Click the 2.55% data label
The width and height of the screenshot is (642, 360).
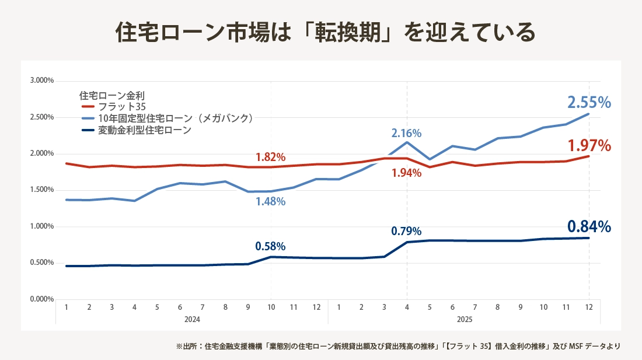click(589, 103)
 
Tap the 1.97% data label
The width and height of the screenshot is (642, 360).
click(589, 145)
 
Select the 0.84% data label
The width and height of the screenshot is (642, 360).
click(589, 226)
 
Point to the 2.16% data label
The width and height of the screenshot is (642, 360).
click(406, 133)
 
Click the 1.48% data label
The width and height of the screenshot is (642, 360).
click(270, 202)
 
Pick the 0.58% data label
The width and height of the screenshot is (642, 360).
click(270, 246)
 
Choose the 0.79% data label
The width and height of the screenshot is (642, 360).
click(406, 231)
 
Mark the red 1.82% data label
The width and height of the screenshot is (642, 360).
click(270, 158)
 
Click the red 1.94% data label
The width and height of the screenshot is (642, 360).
click(406, 173)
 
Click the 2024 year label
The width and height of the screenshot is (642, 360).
click(192, 320)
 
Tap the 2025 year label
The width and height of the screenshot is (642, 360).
click(464, 320)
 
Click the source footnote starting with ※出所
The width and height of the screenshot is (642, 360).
click(397, 346)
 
